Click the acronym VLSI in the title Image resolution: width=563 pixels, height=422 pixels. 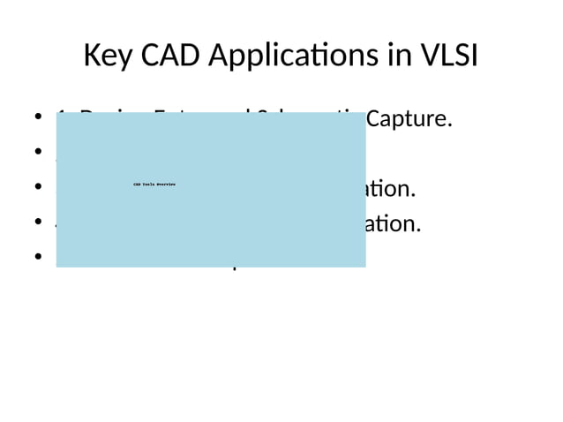click(447, 57)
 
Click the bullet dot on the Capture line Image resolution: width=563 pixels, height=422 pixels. click(40, 118)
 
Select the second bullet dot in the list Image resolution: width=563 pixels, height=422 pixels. click(40, 153)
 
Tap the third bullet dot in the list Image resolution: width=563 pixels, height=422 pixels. click(40, 188)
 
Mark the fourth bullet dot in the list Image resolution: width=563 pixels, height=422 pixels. click(40, 222)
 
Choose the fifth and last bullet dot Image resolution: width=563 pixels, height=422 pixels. click(40, 258)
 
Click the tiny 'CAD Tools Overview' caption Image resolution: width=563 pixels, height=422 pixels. click(154, 185)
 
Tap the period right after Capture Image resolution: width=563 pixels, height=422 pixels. click(450, 124)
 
